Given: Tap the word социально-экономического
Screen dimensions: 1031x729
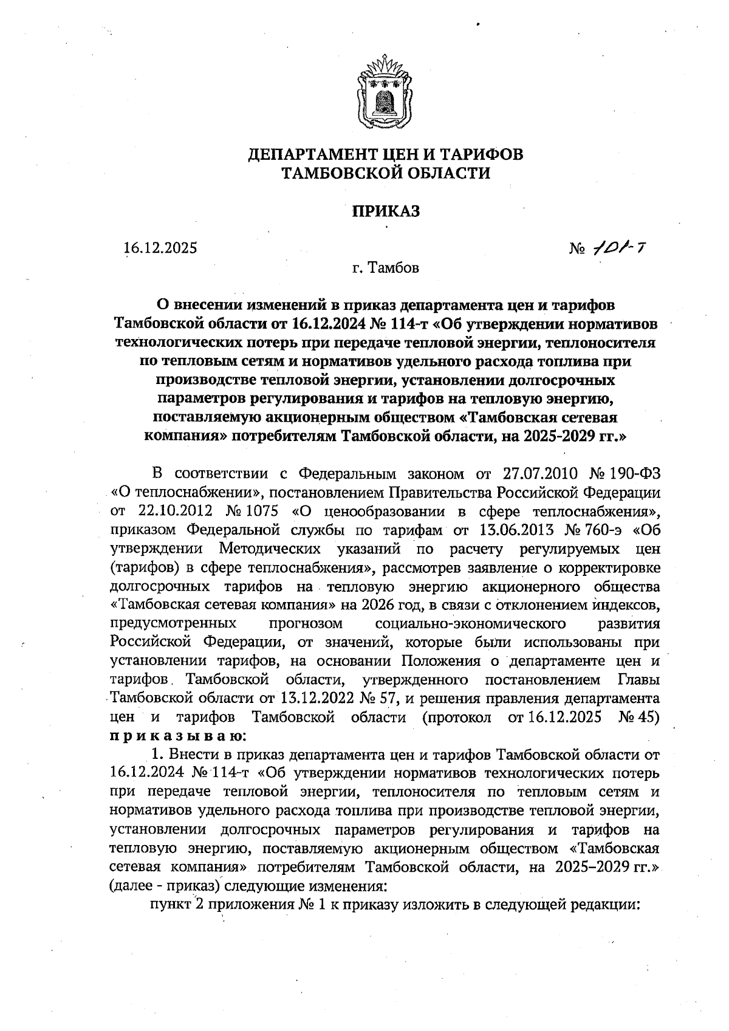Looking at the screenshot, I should (x=471, y=624).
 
